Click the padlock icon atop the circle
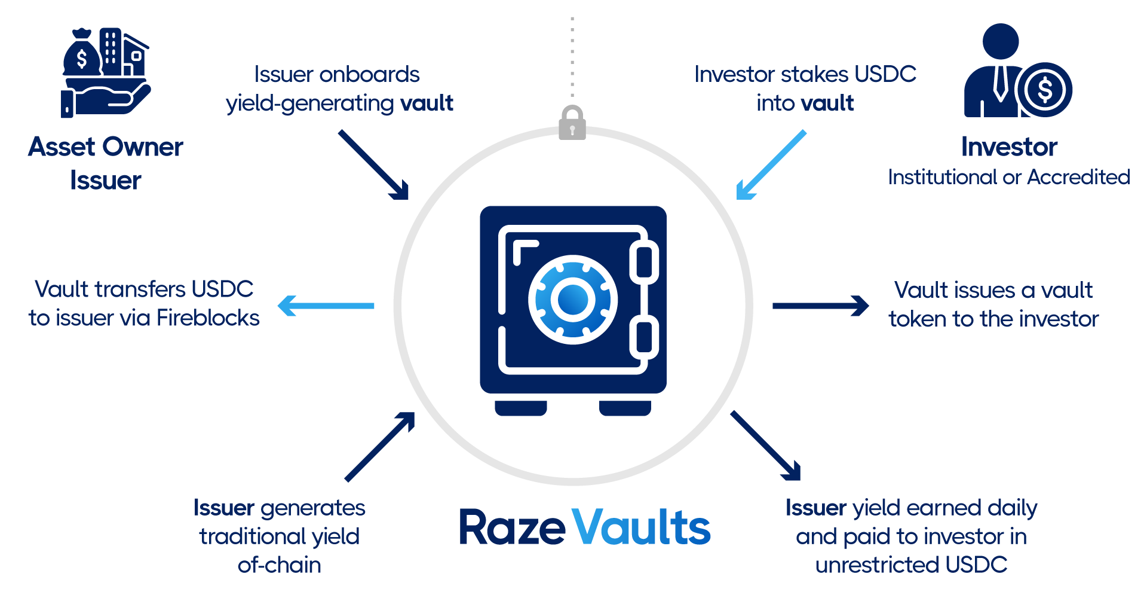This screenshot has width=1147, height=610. click(x=572, y=124)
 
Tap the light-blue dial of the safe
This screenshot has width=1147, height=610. click(x=573, y=300)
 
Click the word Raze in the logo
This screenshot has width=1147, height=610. click(x=512, y=528)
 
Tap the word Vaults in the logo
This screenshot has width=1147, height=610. click(x=641, y=528)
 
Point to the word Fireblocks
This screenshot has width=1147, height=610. click(x=208, y=318)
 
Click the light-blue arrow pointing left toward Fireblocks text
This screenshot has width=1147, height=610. click(x=326, y=306)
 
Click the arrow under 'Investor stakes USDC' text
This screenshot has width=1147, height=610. click(x=771, y=164)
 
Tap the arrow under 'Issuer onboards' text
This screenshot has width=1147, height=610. click(x=374, y=164)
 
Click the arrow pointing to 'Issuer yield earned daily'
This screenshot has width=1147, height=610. click(x=765, y=446)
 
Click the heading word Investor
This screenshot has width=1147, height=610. click(x=1009, y=147)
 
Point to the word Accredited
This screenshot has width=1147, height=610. click(x=1079, y=177)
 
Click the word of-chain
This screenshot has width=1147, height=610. click(x=280, y=565)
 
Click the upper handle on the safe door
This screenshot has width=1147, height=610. click(x=644, y=262)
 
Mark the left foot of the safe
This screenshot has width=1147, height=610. click(x=521, y=408)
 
